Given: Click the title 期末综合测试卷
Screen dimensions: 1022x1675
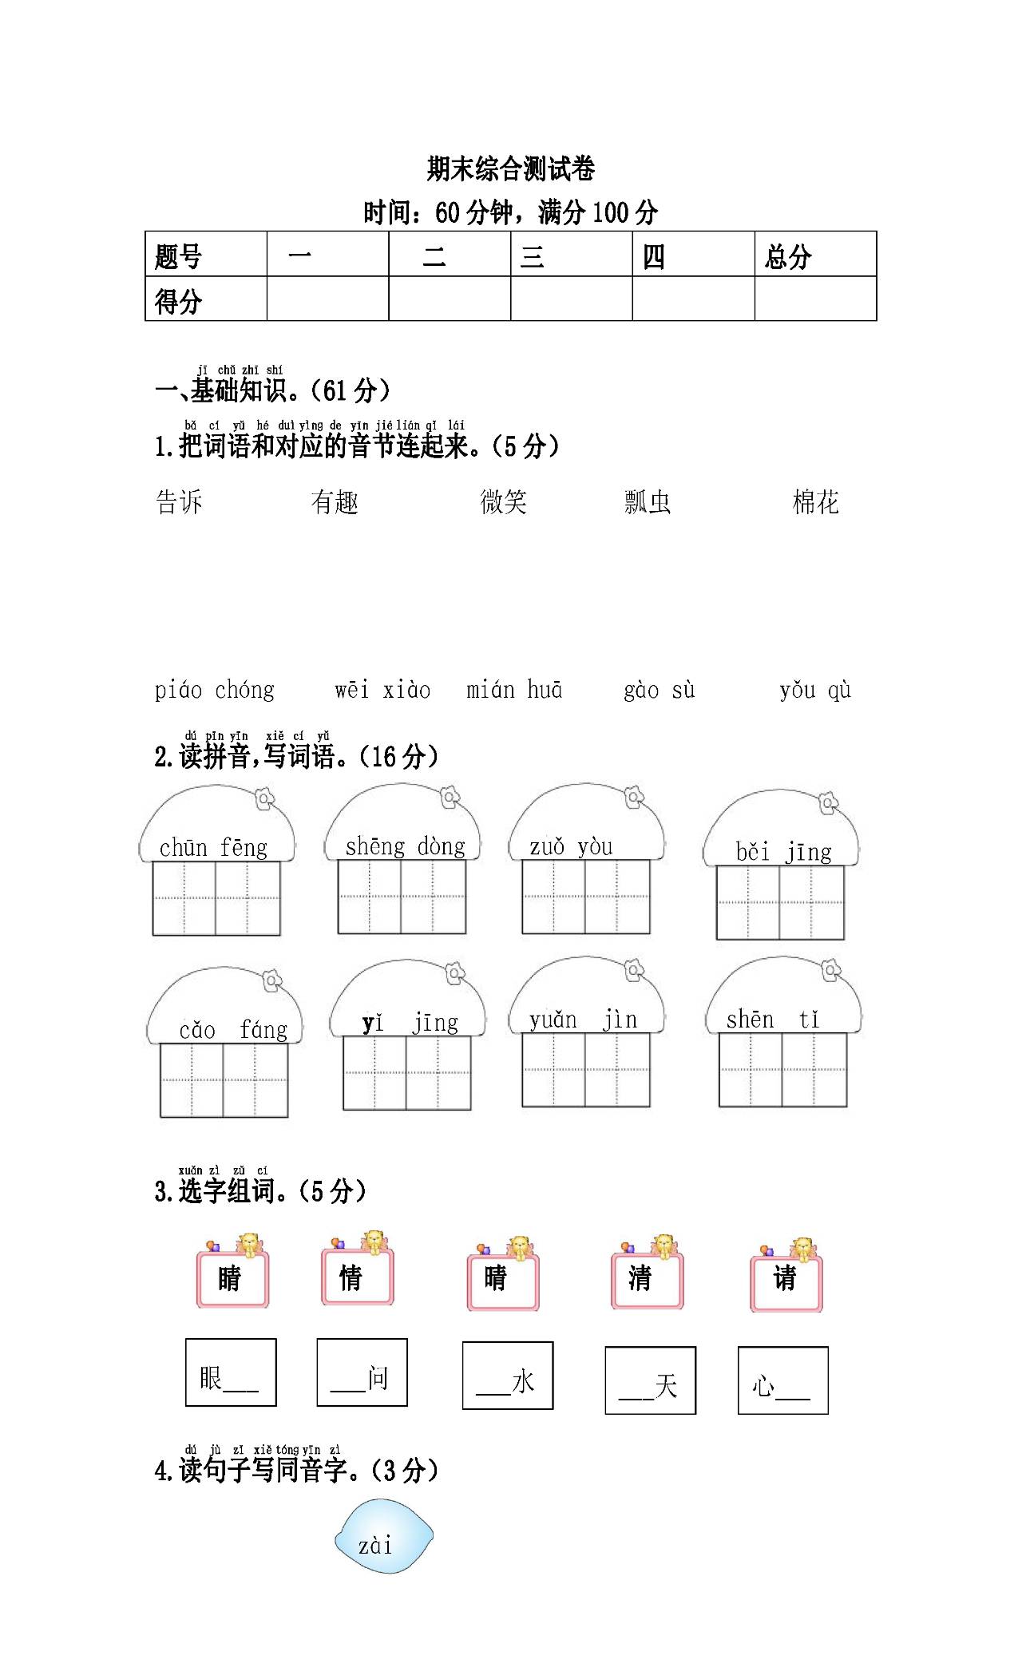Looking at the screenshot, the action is click(x=511, y=169).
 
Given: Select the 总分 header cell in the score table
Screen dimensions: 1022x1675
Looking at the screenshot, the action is click(x=815, y=255).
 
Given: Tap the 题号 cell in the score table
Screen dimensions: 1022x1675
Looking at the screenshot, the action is click(x=206, y=255).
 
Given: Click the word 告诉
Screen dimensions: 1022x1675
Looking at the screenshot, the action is click(x=179, y=502).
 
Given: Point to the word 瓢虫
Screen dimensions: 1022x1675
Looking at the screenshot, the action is click(x=648, y=502).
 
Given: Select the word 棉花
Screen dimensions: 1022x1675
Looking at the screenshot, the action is click(x=815, y=502).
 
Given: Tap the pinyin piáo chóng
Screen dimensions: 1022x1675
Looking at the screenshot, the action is click(x=214, y=690).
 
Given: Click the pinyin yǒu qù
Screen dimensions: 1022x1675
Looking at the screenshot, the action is click(x=815, y=690).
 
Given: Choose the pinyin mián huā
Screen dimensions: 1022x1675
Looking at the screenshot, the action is click(x=514, y=689).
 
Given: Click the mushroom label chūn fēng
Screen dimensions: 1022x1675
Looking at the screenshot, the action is click(x=213, y=847).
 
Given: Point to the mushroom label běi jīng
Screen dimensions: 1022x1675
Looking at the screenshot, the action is click(x=783, y=853).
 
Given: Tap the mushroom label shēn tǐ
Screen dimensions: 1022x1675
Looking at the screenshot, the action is click(x=773, y=1020).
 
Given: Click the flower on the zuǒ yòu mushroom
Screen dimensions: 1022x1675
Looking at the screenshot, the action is click(x=634, y=796).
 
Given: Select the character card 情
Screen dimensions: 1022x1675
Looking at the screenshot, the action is click(x=357, y=1277).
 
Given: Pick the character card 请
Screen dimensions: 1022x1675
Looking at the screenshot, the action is click(x=786, y=1282).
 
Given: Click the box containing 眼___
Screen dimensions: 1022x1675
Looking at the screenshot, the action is click(x=231, y=1372).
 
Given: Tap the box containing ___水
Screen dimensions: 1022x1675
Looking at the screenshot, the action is click(x=508, y=1376).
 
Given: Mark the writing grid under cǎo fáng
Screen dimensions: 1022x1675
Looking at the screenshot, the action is click(x=224, y=1080).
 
